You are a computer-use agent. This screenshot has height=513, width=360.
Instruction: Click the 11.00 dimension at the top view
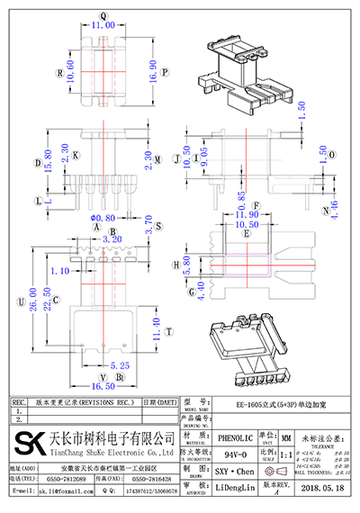click(x=103, y=26)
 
